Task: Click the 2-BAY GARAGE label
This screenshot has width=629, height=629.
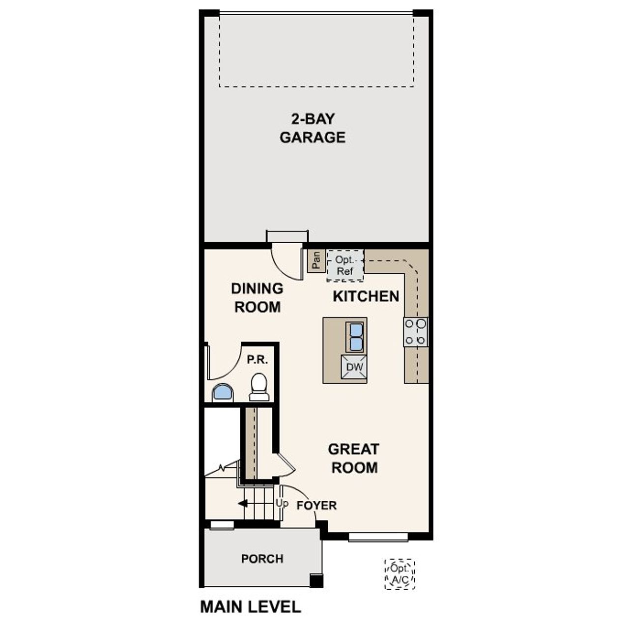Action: click(313, 128)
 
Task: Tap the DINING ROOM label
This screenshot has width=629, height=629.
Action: click(257, 297)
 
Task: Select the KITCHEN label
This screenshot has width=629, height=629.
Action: click(366, 296)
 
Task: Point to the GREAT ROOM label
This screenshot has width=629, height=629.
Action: click(354, 458)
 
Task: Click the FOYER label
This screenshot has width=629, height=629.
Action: click(316, 505)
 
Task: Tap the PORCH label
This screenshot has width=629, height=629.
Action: click(262, 559)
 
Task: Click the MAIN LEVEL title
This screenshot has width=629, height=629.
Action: click(250, 607)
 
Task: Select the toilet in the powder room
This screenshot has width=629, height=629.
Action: click(259, 387)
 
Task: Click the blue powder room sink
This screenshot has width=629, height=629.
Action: click(223, 393)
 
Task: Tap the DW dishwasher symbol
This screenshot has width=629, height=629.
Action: click(354, 367)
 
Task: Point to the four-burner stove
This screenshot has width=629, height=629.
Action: click(416, 332)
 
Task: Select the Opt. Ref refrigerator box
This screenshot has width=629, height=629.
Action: click(345, 265)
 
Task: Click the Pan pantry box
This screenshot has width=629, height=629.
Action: click(316, 260)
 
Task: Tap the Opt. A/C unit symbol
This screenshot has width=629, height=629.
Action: click(400, 574)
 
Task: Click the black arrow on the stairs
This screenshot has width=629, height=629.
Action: click(242, 504)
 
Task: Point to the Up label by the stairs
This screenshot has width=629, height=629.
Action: click(282, 503)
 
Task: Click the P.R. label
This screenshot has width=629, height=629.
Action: click(257, 360)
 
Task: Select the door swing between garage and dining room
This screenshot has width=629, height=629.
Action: click(286, 264)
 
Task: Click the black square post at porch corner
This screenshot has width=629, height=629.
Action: click(316, 581)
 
